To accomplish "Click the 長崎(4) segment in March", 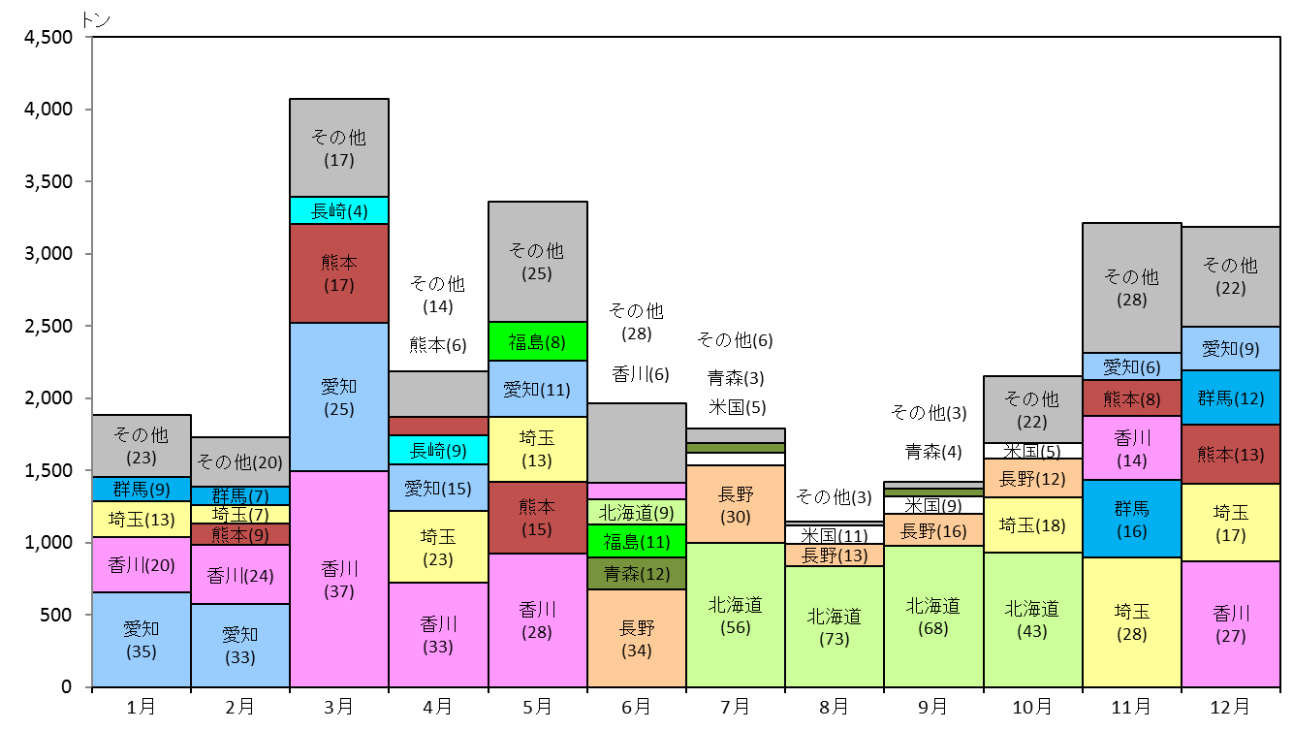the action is (x=339, y=210).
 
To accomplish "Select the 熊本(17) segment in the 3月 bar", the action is (x=339, y=273).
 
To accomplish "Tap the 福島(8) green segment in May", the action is (x=537, y=341).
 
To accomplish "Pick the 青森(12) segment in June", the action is (x=637, y=574).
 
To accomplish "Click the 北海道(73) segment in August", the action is (x=835, y=626).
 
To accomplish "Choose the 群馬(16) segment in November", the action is (x=1131, y=519).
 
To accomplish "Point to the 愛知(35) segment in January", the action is (x=142, y=639).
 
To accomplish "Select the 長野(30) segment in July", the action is (x=736, y=504).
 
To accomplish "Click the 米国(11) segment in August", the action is (x=835, y=535).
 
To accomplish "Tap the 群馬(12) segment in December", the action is (x=1231, y=397).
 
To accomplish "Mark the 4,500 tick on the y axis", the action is (x=89, y=37).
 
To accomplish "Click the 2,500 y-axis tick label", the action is (x=48, y=327).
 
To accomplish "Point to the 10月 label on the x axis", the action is (x=1032, y=707).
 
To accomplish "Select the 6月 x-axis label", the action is (x=636, y=707).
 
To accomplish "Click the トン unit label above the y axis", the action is (x=95, y=20).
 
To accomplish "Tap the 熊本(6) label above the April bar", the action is (x=437, y=345).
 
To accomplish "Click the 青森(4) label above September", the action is (x=933, y=452).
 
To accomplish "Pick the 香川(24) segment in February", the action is (x=240, y=575).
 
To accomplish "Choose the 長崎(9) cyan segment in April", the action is (x=438, y=450).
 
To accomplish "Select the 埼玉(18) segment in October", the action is (x=1032, y=525).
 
